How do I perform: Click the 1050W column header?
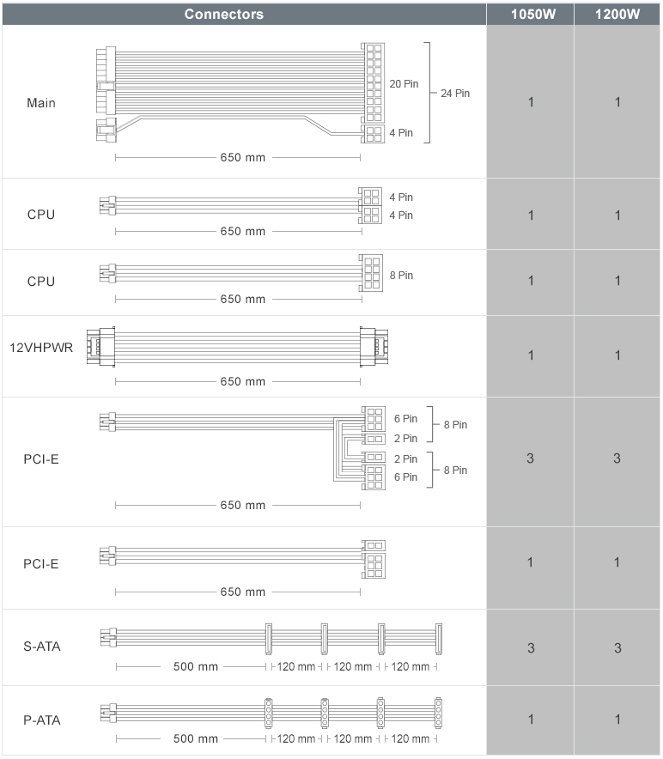(532, 14)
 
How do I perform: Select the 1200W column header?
(617, 14)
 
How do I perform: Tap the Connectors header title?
(224, 14)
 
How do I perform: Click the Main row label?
(41, 103)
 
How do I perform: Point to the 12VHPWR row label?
(41, 348)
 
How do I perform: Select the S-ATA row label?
(41, 647)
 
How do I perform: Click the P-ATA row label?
(41, 720)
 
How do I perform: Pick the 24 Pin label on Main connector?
(455, 93)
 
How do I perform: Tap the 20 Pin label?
(404, 84)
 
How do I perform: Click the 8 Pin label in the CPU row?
(401, 275)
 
